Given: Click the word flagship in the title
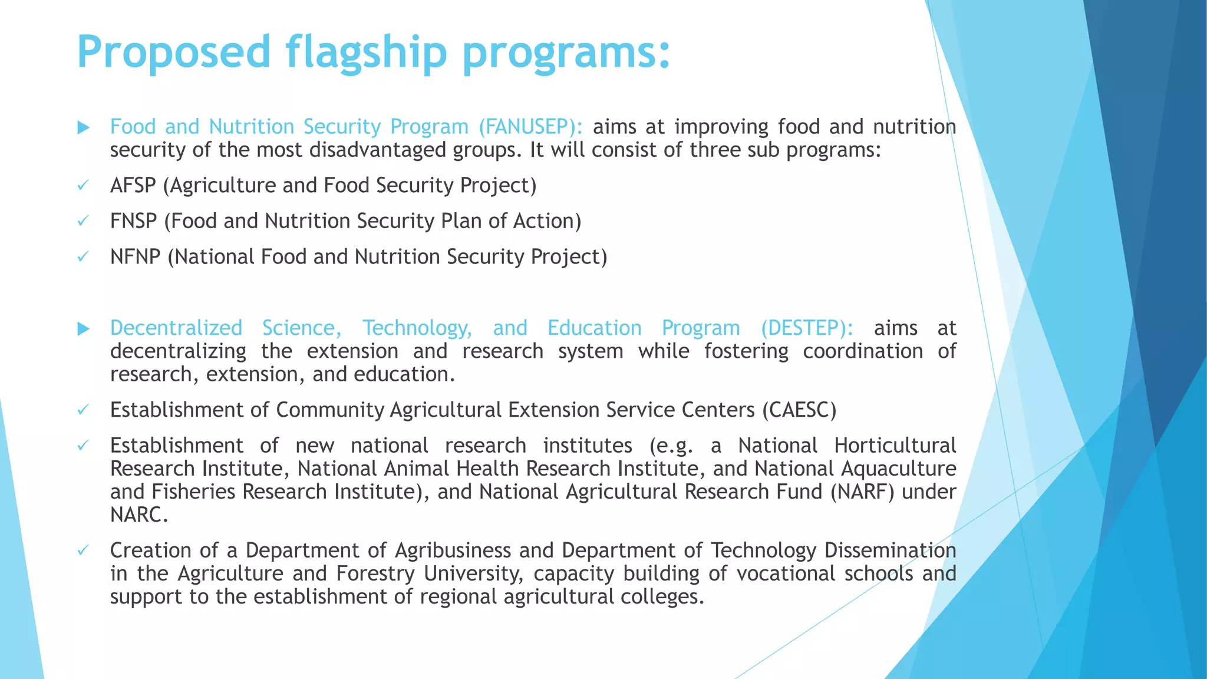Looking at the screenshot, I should [367, 52].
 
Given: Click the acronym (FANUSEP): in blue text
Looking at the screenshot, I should [530, 127].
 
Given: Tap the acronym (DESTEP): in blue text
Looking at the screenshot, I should [807, 328].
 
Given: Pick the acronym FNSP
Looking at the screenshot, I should [134, 221].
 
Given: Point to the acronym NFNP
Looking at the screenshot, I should [136, 257].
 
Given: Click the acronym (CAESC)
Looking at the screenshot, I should [799, 410].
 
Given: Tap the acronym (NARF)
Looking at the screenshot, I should [862, 492].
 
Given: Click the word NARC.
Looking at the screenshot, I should [138, 515].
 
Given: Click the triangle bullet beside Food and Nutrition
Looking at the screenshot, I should [84, 127].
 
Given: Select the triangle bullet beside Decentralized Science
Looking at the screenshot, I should [84, 328].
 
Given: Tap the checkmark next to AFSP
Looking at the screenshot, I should [83, 186].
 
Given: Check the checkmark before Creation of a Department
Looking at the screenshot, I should [83, 551].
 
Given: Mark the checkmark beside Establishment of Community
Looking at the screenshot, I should [83, 410].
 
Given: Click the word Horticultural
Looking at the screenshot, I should [895, 446].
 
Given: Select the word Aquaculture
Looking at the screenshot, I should [899, 469].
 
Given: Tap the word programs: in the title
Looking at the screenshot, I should [566, 52].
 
